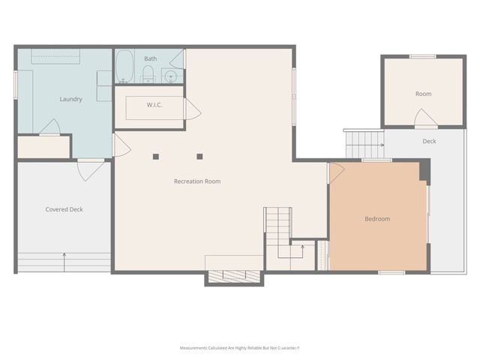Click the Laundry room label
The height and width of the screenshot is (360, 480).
coord(71,99)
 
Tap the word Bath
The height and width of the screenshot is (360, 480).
coord(151,58)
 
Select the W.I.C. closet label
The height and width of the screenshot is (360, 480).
coord(154,105)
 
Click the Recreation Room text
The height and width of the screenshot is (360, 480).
coord(197,181)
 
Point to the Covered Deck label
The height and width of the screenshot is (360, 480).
coord(64,209)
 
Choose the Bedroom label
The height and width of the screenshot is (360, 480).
coord(377,219)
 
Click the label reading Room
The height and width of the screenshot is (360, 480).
coord(424,94)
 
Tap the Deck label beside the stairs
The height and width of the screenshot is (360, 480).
coord(429,141)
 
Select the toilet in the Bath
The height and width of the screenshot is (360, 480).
coord(148,73)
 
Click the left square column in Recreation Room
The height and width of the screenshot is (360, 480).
coord(156,157)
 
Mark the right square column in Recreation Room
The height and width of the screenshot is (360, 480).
coord(199,157)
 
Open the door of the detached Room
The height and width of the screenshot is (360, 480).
coord(424,118)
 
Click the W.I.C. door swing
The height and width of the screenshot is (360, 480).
coord(193,111)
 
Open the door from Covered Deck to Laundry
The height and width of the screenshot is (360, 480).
coord(89,169)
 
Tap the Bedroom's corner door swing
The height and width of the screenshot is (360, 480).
coord(336,171)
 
